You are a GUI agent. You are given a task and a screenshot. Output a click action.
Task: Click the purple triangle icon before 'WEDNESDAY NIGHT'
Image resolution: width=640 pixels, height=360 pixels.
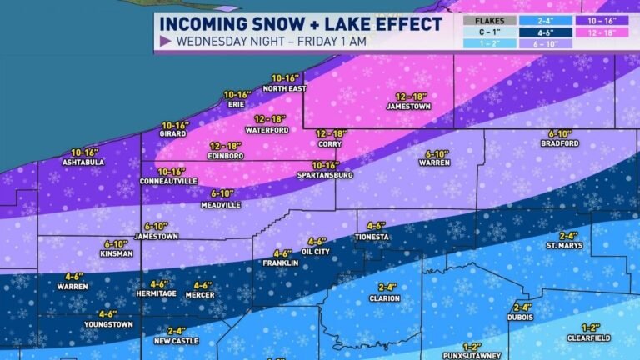(x=165, y=40)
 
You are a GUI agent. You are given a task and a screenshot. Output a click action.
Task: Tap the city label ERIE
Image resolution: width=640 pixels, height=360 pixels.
(x=237, y=106)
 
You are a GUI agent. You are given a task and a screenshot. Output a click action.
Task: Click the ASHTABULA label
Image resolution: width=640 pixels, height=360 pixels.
(x=84, y=162)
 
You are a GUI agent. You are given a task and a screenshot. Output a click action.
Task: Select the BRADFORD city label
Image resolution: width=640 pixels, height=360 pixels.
(x=559, y=143)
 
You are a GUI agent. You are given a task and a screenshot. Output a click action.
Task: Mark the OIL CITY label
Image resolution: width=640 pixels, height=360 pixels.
(x=316, y=252)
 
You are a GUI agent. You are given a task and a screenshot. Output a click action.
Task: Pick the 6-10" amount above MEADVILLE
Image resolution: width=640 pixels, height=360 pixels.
(x=222, y=193)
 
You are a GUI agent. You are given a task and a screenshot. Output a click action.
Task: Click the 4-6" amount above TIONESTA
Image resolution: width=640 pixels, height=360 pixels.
(x=377, y=225)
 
